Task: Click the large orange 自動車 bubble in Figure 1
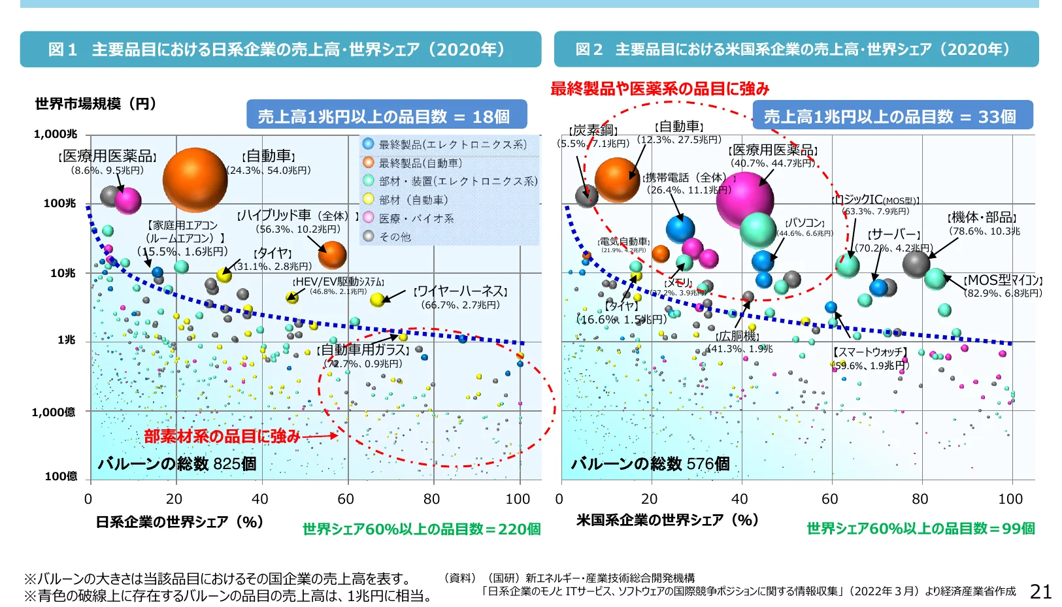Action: [x=195, y=180]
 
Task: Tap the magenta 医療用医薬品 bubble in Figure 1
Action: [x=128, y=201]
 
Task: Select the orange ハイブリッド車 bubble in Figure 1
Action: [x=332, y=255]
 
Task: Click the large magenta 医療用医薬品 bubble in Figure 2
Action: [x=744, y=199]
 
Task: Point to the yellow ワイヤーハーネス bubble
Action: [x=377, y=300]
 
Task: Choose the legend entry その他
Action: [x=395, y=237]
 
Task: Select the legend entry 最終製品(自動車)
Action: [x=420, y=163]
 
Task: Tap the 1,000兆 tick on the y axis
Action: [x=56, y=134]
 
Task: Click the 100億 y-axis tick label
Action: [x=60, y=476]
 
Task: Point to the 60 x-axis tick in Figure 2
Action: [x=829, y=499]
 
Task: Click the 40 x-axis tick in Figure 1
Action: [x=260, y=499]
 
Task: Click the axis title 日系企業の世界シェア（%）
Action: [x=179, y=522]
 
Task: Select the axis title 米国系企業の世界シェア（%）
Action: [x=667, y=520]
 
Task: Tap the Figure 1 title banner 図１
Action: [x=280, y=49]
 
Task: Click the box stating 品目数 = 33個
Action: [x=892, y=116]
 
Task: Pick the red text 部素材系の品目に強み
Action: [x=222, y=436]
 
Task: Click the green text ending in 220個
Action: [x=422, y=529]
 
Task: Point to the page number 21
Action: [x=1040, y=591]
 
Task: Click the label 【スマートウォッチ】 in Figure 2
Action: [x=870, y=352]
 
